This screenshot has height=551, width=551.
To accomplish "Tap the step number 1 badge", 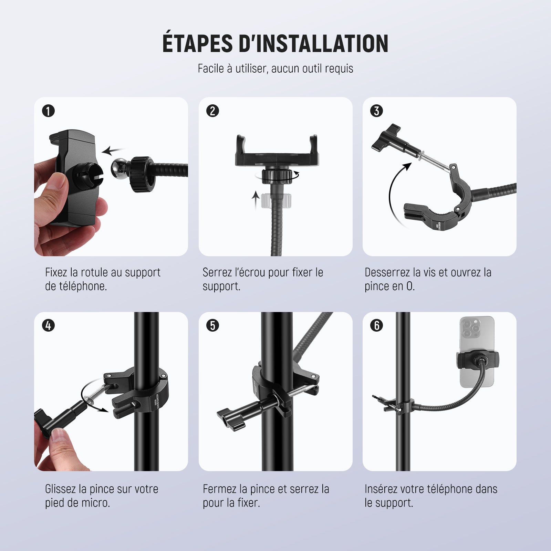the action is (49, 111).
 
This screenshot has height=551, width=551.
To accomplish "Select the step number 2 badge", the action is (212, 111).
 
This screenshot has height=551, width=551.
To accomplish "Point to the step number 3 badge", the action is (376, 111).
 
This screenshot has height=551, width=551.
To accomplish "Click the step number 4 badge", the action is (49, 325).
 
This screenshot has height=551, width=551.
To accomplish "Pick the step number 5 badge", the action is (212, 325).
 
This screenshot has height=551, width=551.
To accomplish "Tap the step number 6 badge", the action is (376, 325).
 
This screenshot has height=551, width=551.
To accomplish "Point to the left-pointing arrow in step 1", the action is (114, 150).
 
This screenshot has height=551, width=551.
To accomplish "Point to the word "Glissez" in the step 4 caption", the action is (61, 489).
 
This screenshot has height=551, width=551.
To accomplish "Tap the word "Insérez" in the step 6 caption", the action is (382, 489).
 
